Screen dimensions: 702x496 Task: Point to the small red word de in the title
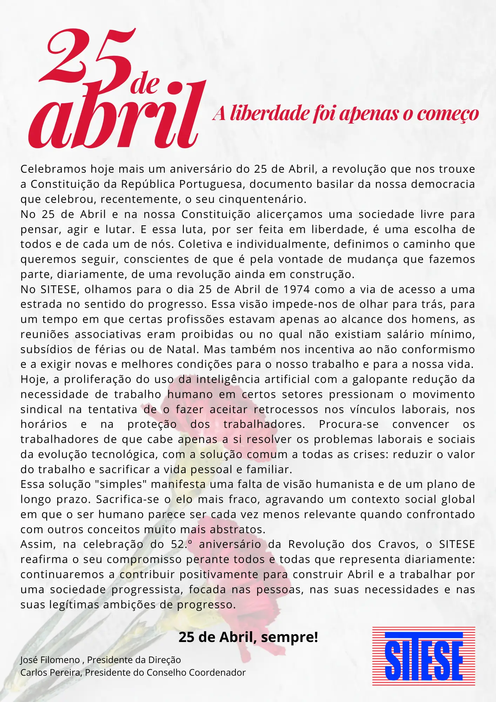[x=145, y=84]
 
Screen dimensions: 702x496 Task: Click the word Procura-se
[x=349, y=424]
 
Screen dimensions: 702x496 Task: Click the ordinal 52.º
[x=182, y=544]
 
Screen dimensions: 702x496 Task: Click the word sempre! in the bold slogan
[x=289, y=637]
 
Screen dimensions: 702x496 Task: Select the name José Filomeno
[x=50, y=660]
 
